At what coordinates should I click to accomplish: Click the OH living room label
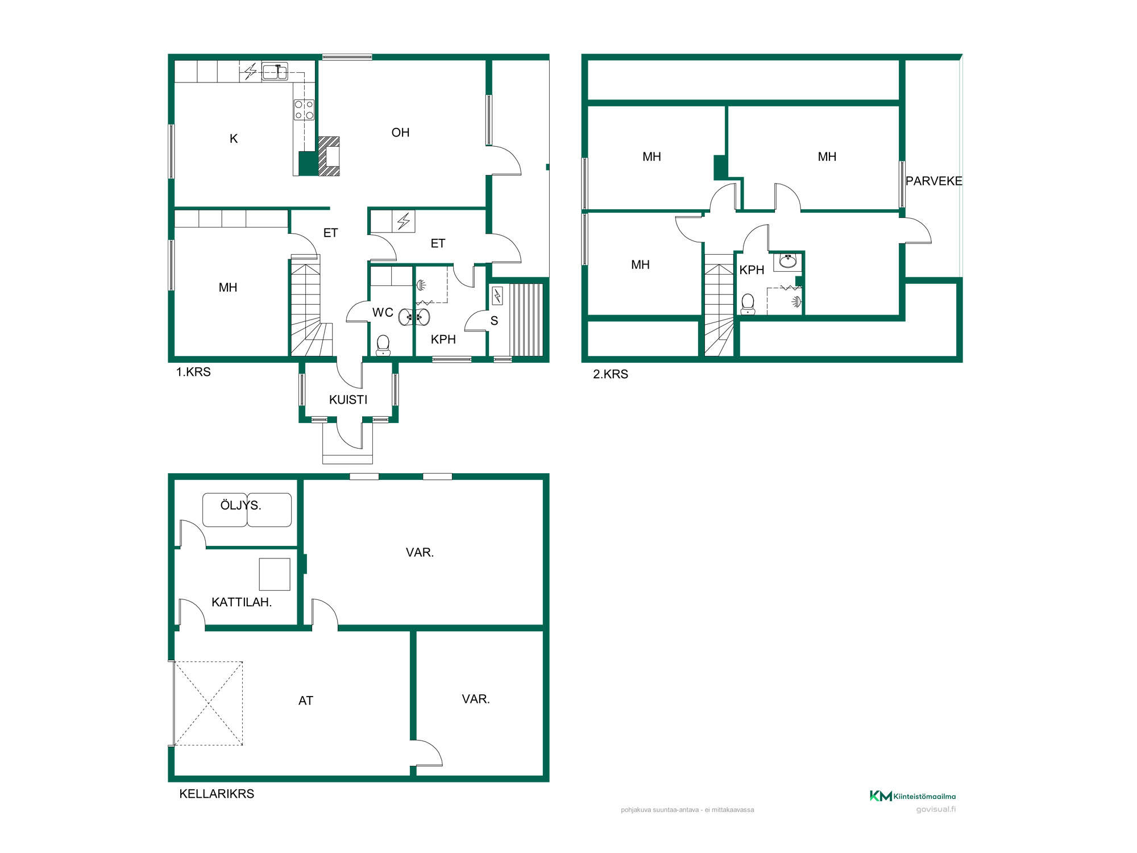tap(400, 132)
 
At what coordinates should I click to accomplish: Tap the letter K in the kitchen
tap(234, 139)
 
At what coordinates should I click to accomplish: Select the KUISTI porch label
tap(348, 400)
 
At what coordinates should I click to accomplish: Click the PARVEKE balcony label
tap(934, 181)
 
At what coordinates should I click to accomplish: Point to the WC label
tap(383, 312)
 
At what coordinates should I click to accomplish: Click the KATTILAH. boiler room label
tap(242, 602)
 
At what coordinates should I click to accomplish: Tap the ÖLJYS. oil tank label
tap(241, 505)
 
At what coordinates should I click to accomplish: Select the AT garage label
tap(306, 701)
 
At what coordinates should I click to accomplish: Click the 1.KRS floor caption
tap(193, 372)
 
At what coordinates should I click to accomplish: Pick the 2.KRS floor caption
tap(611, 374)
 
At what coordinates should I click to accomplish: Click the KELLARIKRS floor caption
tap(217, 794)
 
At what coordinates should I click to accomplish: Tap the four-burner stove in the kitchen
tap(304, 110)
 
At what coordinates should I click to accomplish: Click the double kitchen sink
tap(275, 72)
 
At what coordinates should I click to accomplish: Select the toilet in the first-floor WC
tap(383, 345)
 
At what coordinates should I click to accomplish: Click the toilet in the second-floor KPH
tap(748, 304)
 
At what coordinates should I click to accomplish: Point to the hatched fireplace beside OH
tap(329, 156)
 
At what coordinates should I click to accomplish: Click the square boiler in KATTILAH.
tap(275, 574)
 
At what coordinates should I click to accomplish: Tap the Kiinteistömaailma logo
tap(912, 796)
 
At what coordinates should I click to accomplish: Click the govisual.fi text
tap(936, 809)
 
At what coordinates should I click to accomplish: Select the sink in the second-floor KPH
tap(788, 261)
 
